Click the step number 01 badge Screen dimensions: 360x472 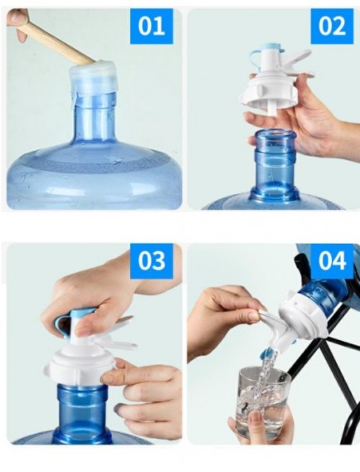tap(152, 26)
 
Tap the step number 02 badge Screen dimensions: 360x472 tap(332, 26)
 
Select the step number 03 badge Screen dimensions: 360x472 tap(152, 260)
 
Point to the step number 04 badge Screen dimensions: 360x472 tap(332, 260)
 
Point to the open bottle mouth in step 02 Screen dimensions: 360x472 tap(274, 134)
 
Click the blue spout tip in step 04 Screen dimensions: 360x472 tap(269, 352)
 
